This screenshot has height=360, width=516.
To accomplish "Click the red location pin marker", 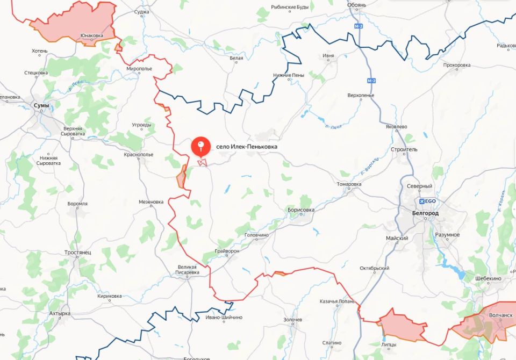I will (x=201, y=146).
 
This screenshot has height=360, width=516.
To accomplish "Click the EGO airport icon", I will (x=421, y=201).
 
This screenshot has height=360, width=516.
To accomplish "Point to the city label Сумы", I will (x=41, y=105).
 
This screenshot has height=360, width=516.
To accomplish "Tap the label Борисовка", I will (x=301, y=210).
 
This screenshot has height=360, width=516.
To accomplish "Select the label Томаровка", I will (x=349, y=184).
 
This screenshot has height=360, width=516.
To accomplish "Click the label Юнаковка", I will (x=91, y=36).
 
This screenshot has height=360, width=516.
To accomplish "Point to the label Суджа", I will (x=142, y=11).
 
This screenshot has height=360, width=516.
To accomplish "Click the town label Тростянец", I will (x=77, y=252).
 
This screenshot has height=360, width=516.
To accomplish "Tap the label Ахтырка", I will (x=59, y=313).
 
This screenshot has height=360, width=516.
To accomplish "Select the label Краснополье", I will (x=139, y=154).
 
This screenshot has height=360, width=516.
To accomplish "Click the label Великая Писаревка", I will (x=188, y=270).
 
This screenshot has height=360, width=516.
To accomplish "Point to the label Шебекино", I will (x=488, y=278).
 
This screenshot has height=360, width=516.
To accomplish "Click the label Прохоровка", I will (x=457, y=66).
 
